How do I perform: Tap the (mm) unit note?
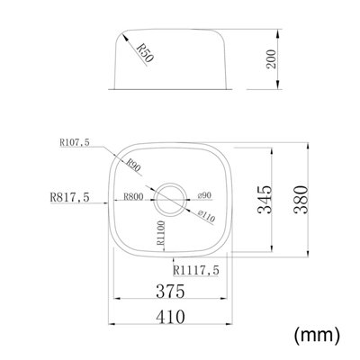click(318, 335)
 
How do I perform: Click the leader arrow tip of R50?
click(122, 35)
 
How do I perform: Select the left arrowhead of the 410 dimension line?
click(112, 326)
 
